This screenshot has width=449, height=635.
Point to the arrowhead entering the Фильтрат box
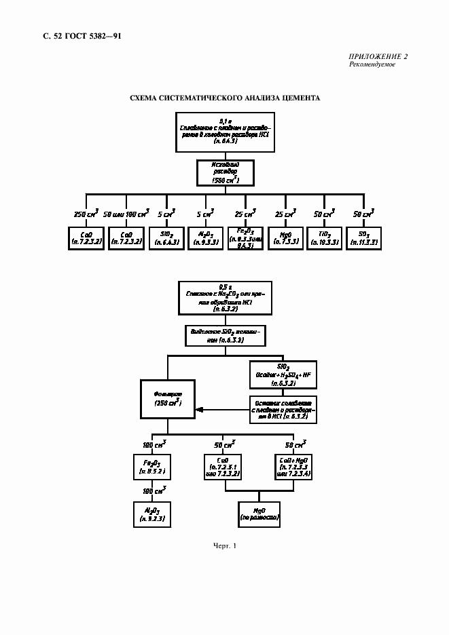click(x=198, y=409)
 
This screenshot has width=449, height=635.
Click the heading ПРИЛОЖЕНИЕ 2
click(x=378, y=56)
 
